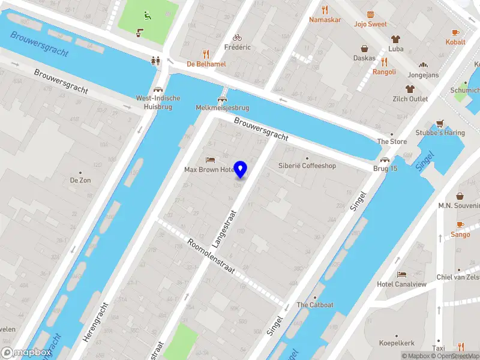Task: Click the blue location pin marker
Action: [x=241, y=169]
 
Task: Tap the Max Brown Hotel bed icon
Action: [x=209, y=160]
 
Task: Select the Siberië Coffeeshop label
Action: [x=307, y=166]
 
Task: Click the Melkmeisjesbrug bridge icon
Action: [x=223, y=98]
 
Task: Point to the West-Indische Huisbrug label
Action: [x=158, y=102]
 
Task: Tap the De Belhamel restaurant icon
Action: [x=206, y=53]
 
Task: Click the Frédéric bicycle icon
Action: [x=237, y=37]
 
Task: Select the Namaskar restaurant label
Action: [x=325, y=20]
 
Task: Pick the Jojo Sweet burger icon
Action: [x=370, y=14]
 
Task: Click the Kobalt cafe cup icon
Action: [x=455, y=32]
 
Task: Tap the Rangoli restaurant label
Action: [x=384, y=72]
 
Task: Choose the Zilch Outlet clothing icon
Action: [x=410, y=89]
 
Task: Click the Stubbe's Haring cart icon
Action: [x=440, y=123]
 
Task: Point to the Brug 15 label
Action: [x=385, y=169]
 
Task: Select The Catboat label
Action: [x=315, y=305]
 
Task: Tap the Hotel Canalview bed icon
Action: [x=401, y=274]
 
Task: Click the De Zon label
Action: [x=80, y=180]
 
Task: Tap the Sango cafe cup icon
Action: [x=460, y=224]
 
